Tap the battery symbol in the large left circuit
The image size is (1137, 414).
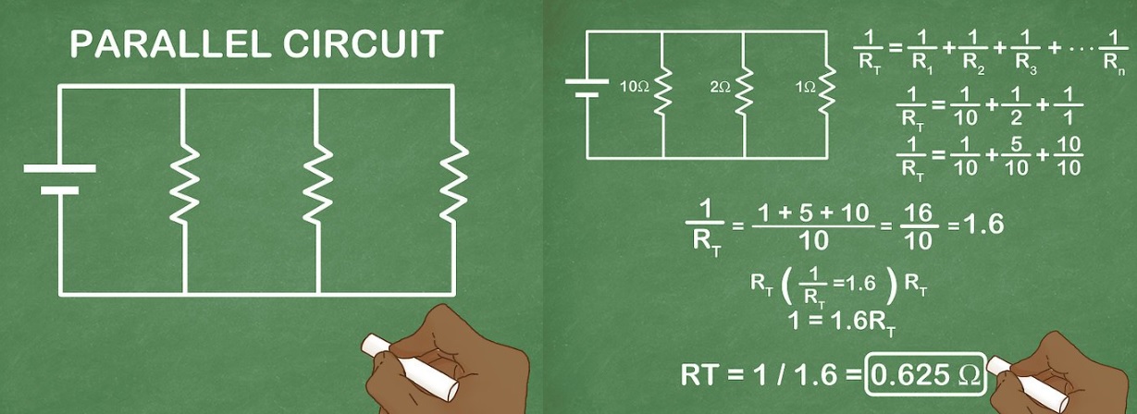pyautogui.click(x=59, y=179)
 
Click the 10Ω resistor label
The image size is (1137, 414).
pyautogui.click(x=635, y=87)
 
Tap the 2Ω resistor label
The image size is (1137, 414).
pyautogui.click(x=720, y=87)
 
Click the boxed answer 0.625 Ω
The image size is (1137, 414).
pyautogui.click(x=924, y=374)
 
